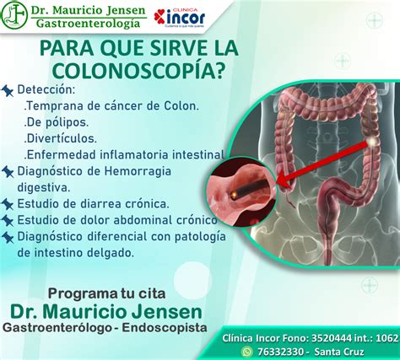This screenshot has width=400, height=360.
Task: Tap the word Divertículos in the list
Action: (61, 137)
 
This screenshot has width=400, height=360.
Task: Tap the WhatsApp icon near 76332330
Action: (247, 350)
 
